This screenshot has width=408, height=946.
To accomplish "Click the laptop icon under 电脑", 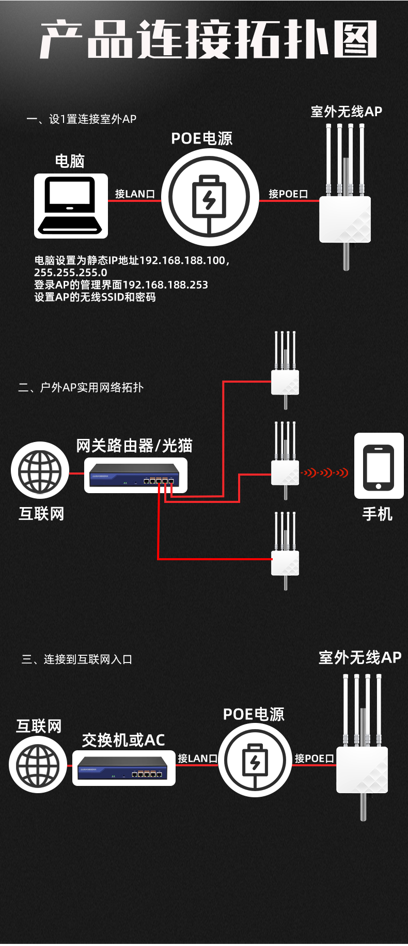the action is (x=71, y=206).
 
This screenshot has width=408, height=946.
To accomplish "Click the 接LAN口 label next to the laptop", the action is (x=135, y=194).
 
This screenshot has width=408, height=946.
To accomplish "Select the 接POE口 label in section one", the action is (x=288, y=194).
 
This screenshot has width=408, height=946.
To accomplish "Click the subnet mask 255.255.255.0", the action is (x=71, y=272).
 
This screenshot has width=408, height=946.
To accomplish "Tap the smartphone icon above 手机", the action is (x=379, y=466).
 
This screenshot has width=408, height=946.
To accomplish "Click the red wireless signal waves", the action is (x=325, y=472).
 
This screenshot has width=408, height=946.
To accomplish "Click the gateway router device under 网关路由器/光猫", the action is (x=135, y=475).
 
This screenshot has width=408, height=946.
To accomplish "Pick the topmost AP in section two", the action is (x=285, y=370).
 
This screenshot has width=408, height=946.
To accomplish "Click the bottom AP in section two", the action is (x=285, y=551).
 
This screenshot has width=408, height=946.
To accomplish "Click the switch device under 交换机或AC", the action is (x=123, y=768).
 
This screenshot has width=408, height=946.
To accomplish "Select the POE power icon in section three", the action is (x=255, y=760).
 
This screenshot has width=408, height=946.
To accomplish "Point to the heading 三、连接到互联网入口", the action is (x=77, y=659).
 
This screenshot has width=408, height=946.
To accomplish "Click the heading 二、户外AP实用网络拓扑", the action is (x=81, y=387).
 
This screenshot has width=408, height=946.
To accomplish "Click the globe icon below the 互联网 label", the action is (x=38, y=765).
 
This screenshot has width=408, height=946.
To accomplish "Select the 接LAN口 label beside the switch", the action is (x=198, y=758).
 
